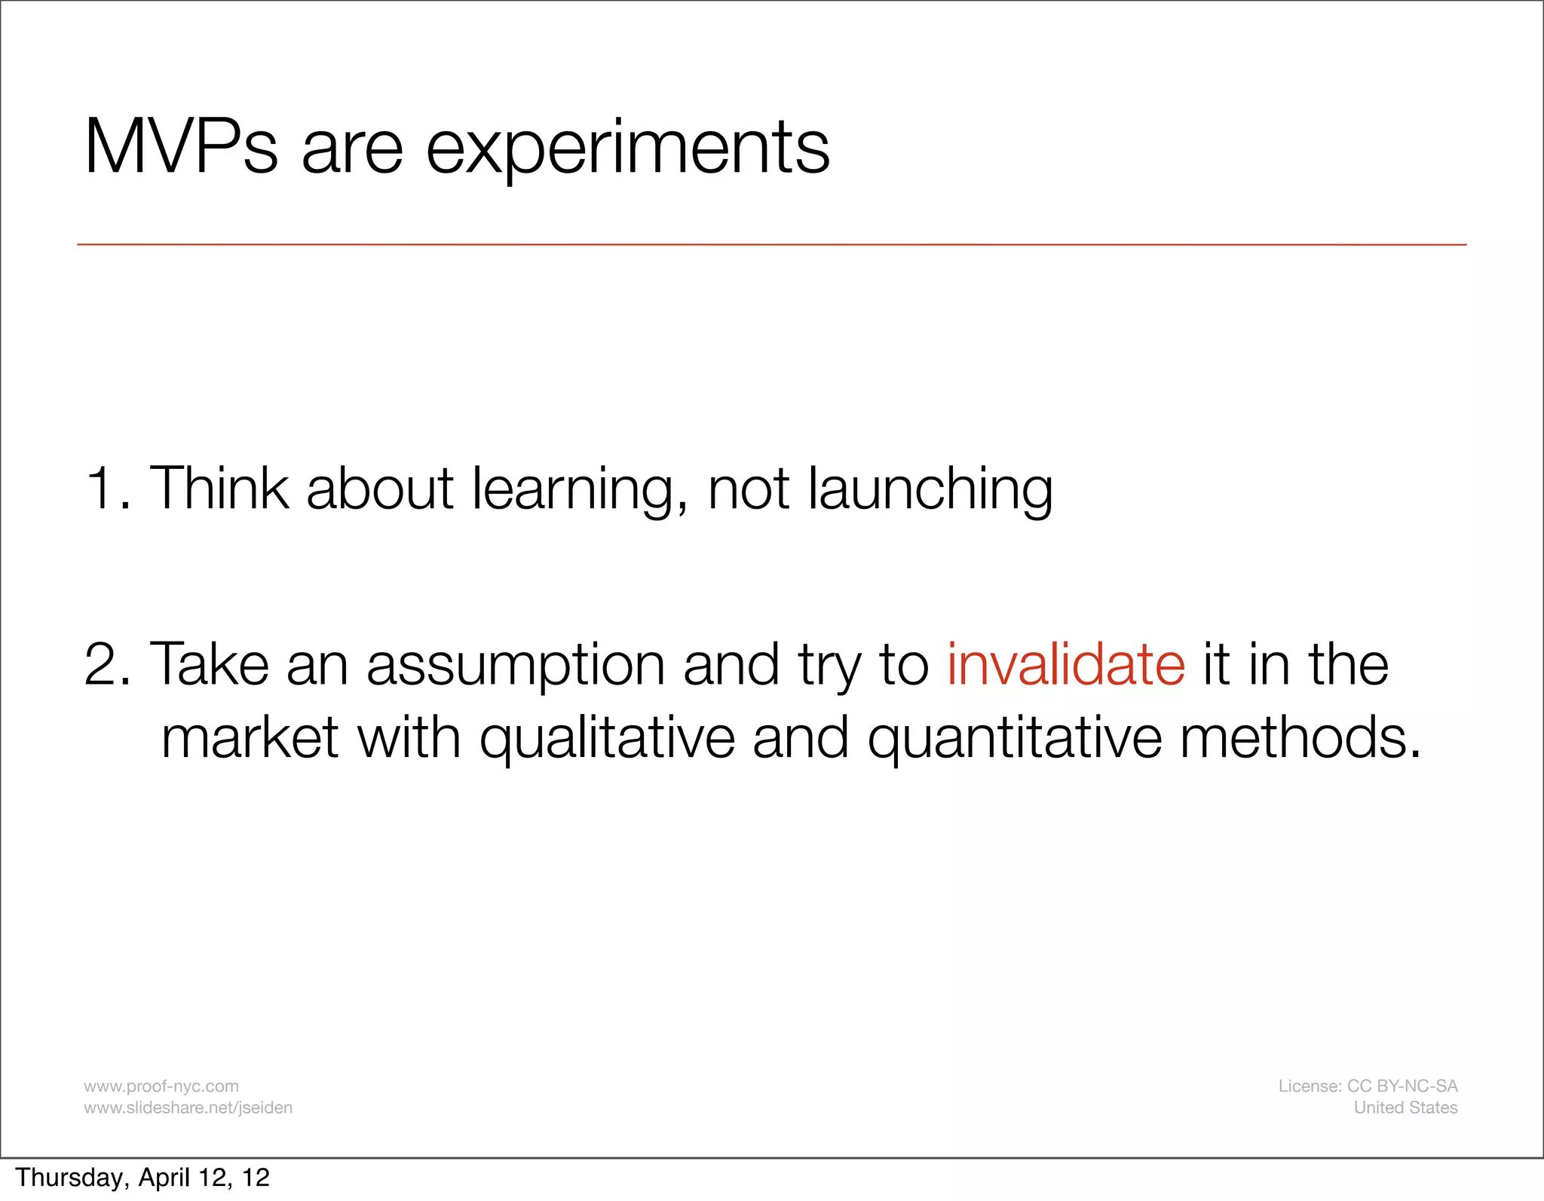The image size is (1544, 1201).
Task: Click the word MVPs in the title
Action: [181, 148]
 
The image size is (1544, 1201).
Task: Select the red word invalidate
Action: [1066, 664]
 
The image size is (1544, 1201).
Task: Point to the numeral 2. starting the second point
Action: [108, 664]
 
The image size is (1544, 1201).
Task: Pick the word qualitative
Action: [607, 740]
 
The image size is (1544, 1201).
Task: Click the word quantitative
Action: [1014, 740]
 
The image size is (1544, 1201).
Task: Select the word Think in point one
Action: [219, 489]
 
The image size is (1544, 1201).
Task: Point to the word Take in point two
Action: [210, 664]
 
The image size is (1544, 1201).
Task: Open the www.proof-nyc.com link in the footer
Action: [161, 1086]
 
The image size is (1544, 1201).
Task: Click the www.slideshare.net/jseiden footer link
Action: [188, 1108]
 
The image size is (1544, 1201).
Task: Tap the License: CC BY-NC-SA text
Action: [1368, 1086]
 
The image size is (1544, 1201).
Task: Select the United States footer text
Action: [1405, 1108]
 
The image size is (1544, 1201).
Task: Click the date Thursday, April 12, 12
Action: [142, 1178]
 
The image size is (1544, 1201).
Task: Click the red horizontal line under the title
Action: [771, 244]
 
